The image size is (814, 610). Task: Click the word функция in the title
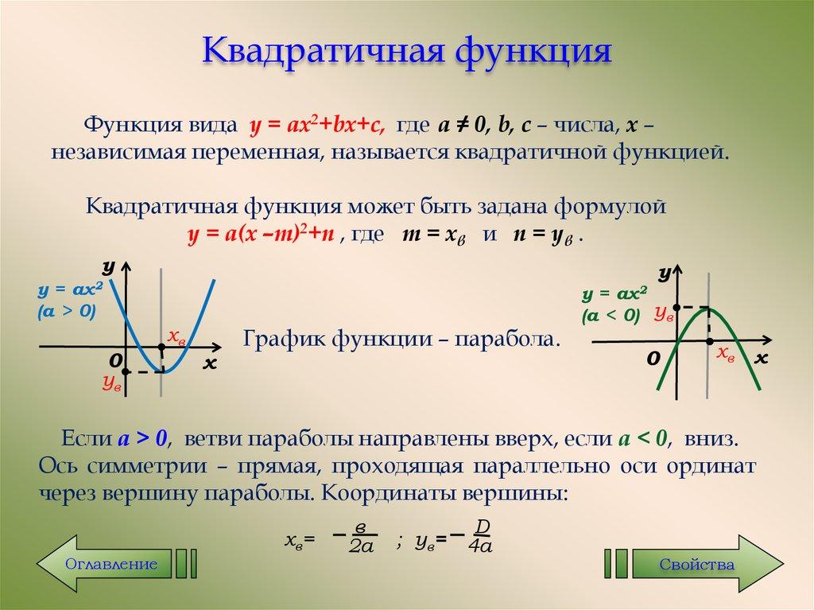(x=532, y=52)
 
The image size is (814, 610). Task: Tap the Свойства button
(x=696, y=564)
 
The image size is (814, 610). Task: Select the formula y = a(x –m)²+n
(x=265, y=236)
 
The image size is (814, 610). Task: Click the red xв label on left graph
(x=176, y=336)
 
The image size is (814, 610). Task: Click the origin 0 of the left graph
(x=114, y=361)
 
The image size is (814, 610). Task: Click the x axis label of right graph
(x=762, y=358)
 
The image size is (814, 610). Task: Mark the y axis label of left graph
(x=110, y=265)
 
